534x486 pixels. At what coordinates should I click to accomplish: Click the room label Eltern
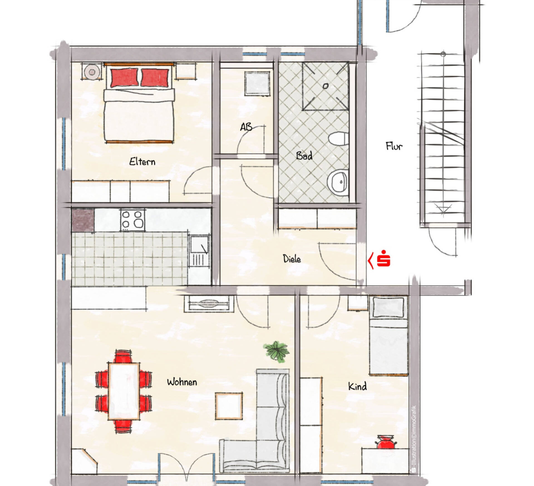coord(142,162)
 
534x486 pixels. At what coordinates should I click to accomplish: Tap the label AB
coord(246,127)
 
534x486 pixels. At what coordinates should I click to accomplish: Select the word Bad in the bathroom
coord(304,155)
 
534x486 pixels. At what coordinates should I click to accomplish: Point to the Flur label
coord(394,146)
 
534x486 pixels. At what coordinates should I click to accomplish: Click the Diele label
coord(292,259)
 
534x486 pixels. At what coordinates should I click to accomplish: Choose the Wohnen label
coord(182,382)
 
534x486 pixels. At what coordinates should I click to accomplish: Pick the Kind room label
coord(357,387)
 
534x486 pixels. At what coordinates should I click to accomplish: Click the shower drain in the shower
coord(326,86)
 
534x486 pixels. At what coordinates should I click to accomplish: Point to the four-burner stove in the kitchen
coord(133,219)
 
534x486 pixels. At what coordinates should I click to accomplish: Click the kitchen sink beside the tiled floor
coord(199,246)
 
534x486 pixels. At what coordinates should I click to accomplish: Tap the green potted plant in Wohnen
coord(276,351)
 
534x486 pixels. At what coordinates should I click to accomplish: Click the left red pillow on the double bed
coord(124,77)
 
